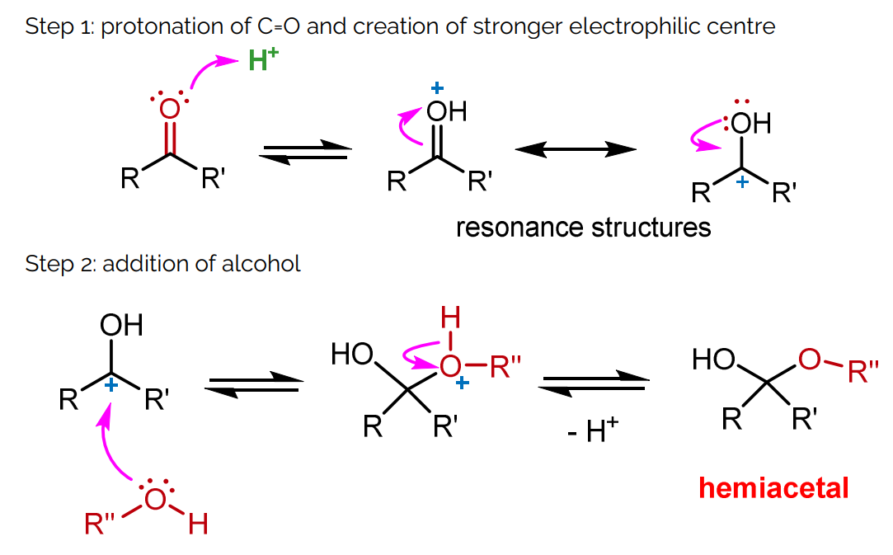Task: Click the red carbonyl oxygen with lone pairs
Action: (x=170, y=109)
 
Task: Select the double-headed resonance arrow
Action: (x=576, y=149)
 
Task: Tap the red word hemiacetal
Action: (x=773, y=488)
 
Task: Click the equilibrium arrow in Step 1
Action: (x=306, y=152)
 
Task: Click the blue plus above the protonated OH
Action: (x=436, y=87)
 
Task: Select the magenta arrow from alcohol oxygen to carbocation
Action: (x=109, y=445)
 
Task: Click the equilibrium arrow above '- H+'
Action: (x=593, y=383)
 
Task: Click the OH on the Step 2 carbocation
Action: (x=121, y=325)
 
